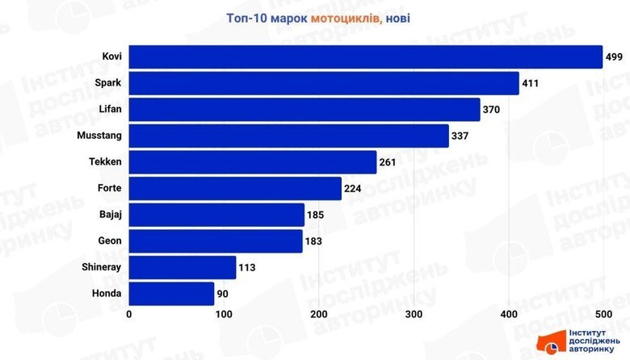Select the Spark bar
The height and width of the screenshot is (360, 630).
pyautogui.click(x=324, y=83)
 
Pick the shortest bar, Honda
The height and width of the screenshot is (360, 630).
pyautogui.click(x=171, y=294)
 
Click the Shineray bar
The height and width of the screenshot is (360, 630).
pyautogui.click(x=183, y=267)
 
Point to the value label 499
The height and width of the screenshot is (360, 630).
pyautogui.click(x=615, y=57)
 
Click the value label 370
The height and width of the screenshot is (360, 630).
pyautogui.click(x=492, y=110)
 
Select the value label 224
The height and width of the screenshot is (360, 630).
pyautogui.click(x=353, y=189)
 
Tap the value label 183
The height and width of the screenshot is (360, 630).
pyautogui.click(x=314, y=241)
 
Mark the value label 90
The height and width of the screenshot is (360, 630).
pyautogui.click(x=225, y=294)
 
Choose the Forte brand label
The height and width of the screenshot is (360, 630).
pyautogui.click(x=108, y=189)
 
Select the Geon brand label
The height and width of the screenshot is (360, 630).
pyautogui.click(x=110, y=241)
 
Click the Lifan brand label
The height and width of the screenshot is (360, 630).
pyautogui.click(x=109, y=109)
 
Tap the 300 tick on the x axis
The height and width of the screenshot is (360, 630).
pyautogui.click(x=414, y=314)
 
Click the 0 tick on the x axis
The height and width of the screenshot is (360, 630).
pyautogui.click(x=129, y=314)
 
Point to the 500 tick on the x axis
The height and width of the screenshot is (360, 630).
pyautogui.click(x=603, y=314)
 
